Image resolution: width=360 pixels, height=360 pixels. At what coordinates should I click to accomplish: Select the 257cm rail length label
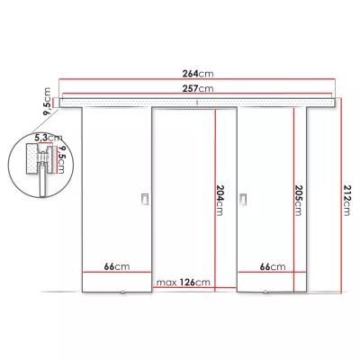point(200,89)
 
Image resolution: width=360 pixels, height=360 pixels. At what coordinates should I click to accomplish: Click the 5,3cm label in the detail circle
point(36,139)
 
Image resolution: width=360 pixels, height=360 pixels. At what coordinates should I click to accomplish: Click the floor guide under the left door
point(120,292)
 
